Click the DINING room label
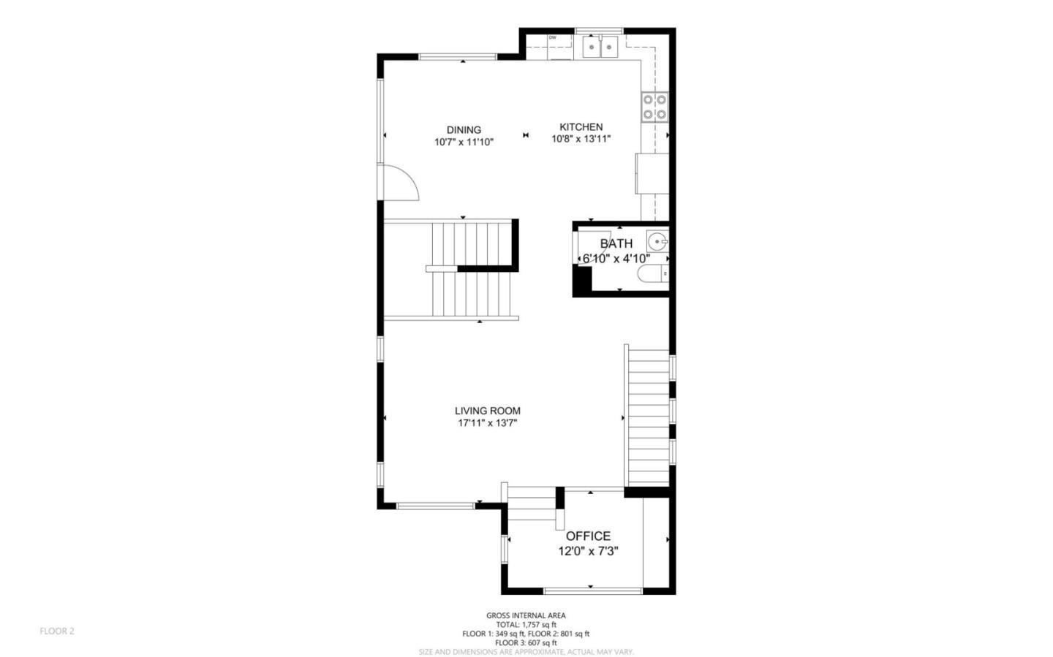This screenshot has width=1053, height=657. (464, 130)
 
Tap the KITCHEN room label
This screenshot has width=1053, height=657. (581, 126)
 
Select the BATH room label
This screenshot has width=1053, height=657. (616, 243)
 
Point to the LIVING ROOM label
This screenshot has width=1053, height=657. (488, 411)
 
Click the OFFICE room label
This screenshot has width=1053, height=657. (588, 536)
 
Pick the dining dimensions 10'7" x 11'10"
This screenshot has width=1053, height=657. (464, 143)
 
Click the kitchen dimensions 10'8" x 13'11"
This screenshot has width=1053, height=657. (581, 138)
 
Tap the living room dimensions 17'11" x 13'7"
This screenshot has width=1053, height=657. (488, 423)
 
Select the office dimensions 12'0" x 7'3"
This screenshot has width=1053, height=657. (588, 552)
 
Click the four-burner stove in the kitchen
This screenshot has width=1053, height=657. (655, 107)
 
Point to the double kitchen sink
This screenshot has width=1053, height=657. (600, 47)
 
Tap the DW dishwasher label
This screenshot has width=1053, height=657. (553, 37)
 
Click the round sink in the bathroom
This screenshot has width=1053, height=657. (657, 240)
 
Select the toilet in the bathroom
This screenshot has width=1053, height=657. (653, 274)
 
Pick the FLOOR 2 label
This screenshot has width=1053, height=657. (57, 631)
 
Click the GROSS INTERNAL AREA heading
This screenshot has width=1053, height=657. (526, 615)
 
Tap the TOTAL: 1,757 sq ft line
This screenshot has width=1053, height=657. (526, 625)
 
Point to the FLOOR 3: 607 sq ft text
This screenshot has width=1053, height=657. (526, 643)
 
